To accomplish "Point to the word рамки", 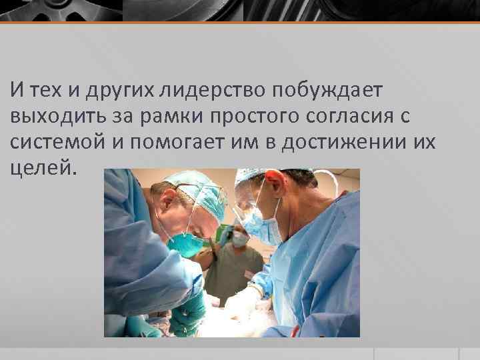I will [174, 115].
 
